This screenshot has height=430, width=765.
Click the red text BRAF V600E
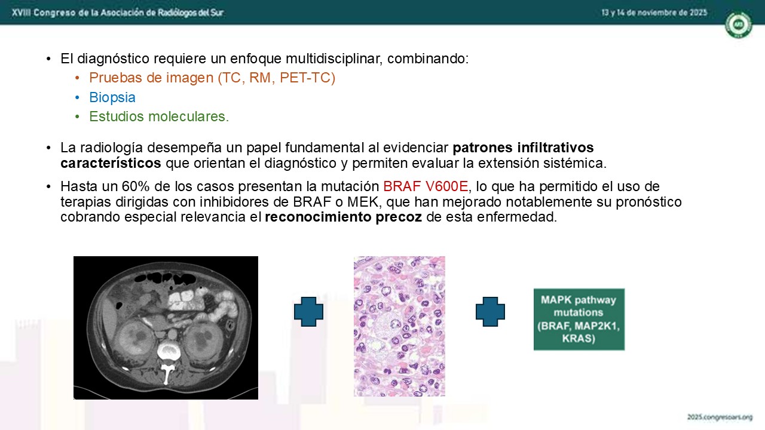[x=426, y=186]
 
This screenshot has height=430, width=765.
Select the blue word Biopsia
[x=112, y=97]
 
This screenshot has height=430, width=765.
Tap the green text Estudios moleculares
[x=159, y=116]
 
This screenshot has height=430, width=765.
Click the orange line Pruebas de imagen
[x=212, y=78]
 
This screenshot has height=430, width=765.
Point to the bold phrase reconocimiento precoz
[x=343, y=217]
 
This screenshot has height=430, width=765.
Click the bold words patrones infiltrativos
[x=523, y=148]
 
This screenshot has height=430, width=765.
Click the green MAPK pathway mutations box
[x=579, y=320]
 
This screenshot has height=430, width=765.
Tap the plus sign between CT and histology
[x=308, y=312]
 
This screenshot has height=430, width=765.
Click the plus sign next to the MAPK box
[x=490, y=312]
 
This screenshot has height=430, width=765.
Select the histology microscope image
[x=399, y=326]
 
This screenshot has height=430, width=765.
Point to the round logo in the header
[x=738, y=24]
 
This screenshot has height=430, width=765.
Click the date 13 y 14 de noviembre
[x=654, y=13]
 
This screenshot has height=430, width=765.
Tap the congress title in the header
[x=118, y=13]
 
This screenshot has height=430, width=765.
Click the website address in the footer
[x=720, y=417]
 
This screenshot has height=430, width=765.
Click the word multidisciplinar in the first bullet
[x=333, y=59]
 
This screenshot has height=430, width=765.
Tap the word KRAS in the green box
[x=579, y=338]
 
